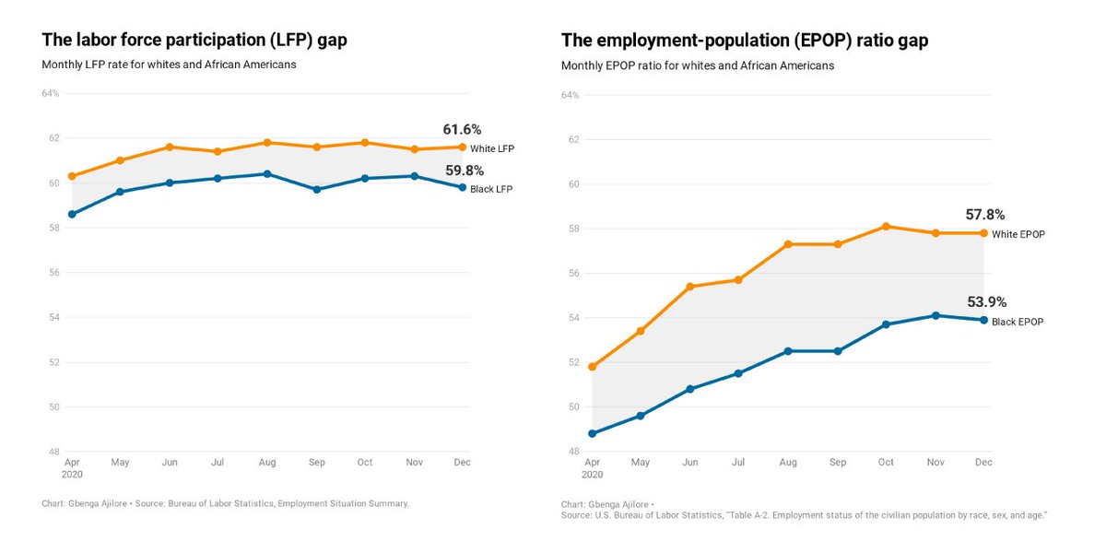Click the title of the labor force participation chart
coord(194,40)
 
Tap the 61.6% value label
coord(461,130)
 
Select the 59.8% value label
coord(464,171)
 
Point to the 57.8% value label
coord(985,215)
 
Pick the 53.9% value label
coord(986,301)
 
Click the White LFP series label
coord(492,148)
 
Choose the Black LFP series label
coord(491,189)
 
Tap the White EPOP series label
coord(1018,234)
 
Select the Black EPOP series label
coord(1018,322)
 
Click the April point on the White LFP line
coord(72,176)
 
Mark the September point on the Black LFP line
coord(316,190)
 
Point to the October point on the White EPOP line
coord(886,226)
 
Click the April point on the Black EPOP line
coord(592,433)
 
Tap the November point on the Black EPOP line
coord(935,315)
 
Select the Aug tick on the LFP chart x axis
coord(267,462)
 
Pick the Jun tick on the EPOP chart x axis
coord(689,463)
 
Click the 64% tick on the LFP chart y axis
coord(50,93)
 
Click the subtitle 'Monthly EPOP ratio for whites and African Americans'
coord(698,66)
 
